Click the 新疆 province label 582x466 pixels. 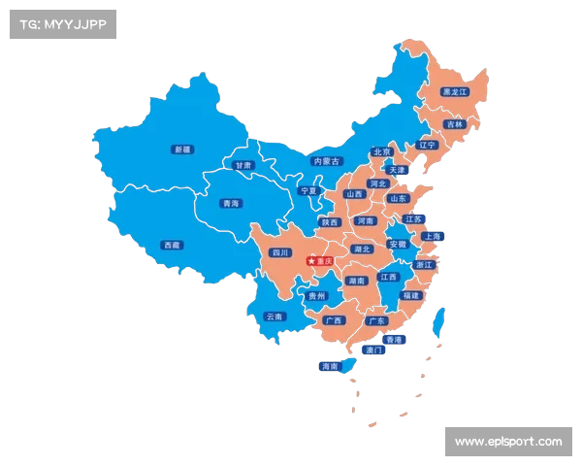coord(181,150)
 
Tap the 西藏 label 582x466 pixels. coord(172,245)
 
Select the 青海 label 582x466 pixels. coord(230,204)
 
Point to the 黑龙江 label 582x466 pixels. coord(454,92)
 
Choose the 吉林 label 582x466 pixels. coord(454,124)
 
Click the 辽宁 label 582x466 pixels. coord(428,145)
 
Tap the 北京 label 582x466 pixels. coord(381,152)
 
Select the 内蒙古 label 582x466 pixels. coord(327,162)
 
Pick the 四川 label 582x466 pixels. coord(280,252)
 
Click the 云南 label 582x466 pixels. coord(274,316)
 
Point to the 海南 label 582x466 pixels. coord(330,367)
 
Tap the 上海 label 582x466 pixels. coord(432,236)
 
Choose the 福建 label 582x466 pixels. coord(411,295)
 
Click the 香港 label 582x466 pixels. coord(393,340)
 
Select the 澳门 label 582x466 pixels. coord(372,350)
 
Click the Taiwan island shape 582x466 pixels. coord(439,321)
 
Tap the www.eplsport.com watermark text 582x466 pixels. coord(508,443)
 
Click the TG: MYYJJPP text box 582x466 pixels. coord(62,24)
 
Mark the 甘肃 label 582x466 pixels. coord(242,165)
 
